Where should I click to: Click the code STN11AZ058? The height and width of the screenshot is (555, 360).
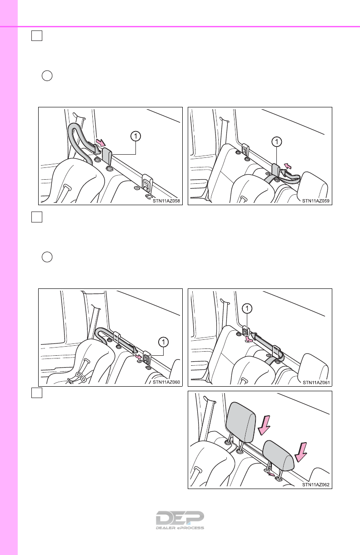[x=166, y=201]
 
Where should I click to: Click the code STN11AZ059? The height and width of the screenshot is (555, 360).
[x=315, y=201]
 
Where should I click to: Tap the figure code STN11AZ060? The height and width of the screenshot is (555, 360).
[x=166, y=382]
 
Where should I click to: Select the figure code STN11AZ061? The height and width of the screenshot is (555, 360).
[x=316, y=383]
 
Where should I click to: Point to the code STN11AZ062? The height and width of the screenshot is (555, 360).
[x=315, y=484]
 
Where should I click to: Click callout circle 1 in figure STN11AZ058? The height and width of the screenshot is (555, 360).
[x=135, y=136]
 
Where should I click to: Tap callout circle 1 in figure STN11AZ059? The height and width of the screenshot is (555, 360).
[x=276, y=142]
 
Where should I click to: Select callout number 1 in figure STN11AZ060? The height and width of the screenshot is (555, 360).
[x=164, y=342]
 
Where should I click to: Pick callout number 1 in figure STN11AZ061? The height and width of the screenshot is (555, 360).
[x=247, y=308]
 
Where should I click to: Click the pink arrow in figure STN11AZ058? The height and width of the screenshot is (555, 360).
[x=100, y=143]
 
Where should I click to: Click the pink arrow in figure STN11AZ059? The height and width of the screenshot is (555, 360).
[x=287, y=166]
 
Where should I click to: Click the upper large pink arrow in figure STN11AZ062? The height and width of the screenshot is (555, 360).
[x=264, y=425]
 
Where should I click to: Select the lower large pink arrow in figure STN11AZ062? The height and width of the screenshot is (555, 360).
[x=301, y=453]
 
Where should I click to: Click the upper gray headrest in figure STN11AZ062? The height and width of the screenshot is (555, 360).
[x=240, y=422]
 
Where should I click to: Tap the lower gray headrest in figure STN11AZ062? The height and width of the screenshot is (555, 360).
[x=278, y=455]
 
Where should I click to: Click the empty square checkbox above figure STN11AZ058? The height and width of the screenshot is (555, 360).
[x=37, y=35]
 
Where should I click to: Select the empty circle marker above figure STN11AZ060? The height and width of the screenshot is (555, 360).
[x=47, y=257]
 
